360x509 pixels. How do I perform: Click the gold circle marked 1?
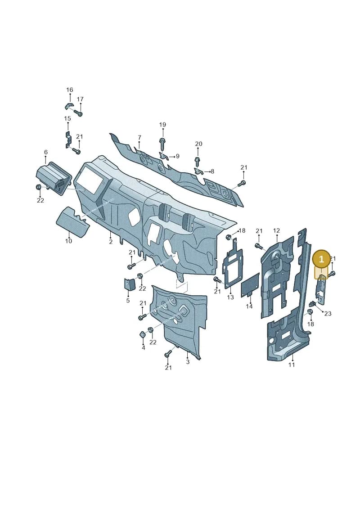point(321,259)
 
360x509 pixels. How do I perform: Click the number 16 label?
point(70,90)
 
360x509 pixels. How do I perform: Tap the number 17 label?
point(80,99)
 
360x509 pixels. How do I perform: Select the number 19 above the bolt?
point(162,125)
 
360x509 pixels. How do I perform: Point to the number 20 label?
point(198,144)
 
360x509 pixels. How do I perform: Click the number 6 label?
point(46,152)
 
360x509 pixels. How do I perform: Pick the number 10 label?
point(68,241)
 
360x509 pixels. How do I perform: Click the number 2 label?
point(111,242)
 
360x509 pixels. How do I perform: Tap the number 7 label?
point(139,138)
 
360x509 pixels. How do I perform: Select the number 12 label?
point(277,231)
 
